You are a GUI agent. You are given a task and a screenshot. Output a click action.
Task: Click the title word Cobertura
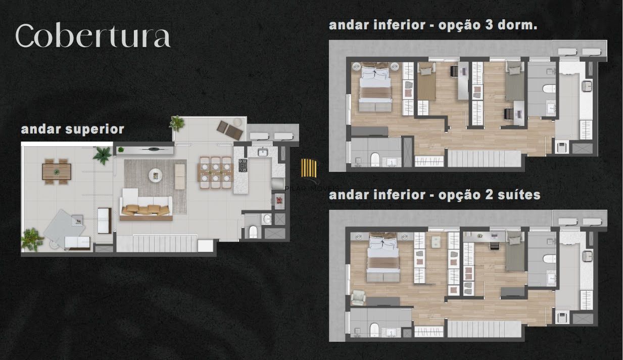(x=92, y=36)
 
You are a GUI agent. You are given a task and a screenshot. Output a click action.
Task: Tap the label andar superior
(x=72, y=129)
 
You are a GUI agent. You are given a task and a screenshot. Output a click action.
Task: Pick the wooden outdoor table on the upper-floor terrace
(x=57, y=170)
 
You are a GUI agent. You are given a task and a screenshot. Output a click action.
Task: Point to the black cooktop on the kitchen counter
(x=243, y=166)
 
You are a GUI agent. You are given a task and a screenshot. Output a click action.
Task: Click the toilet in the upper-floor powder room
(x=254, y=232)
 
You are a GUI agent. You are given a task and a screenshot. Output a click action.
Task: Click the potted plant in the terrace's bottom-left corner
(x=32, y=238)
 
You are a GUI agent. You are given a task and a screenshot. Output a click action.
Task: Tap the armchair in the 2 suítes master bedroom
(x=359, y=298)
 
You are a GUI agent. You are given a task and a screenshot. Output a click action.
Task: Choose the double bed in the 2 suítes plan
(x=383, y=258)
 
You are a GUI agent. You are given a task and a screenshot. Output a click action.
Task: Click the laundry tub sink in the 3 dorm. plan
(x=588, y=86)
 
